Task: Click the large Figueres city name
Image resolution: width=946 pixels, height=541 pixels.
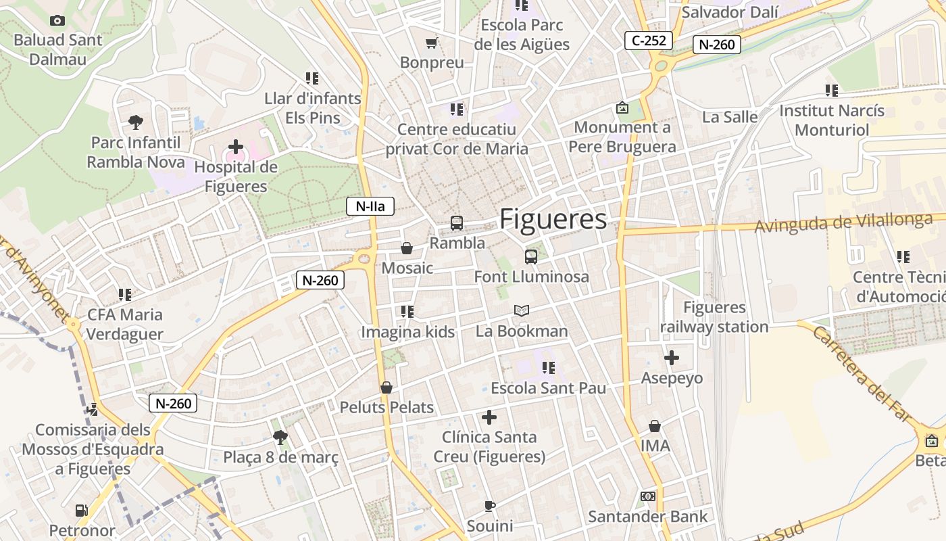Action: pos(553,219)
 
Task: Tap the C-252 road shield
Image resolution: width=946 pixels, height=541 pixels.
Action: pos(649,41)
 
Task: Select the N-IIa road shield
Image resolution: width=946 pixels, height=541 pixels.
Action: pos(370,206)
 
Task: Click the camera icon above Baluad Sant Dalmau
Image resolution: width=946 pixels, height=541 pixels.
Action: pos(57,21)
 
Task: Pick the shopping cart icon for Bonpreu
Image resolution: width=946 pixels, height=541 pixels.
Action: pos(431,43)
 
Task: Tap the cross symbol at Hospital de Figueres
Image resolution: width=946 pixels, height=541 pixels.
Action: pos(235,146)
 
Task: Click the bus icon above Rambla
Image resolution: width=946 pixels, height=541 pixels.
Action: pos(457,222)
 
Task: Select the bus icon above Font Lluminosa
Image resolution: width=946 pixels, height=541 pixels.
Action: pos(531,256)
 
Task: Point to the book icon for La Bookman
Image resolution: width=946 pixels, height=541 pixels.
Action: pos(521,310)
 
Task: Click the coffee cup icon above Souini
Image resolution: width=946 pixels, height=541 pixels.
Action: pos(490,506)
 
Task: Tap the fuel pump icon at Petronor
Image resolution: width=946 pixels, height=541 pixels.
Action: pos(81,511)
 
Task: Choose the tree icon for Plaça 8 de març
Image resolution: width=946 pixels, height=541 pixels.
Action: pos(280,438)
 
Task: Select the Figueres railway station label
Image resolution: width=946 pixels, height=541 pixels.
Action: pos(714,317)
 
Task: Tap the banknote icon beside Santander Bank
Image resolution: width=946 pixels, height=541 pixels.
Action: pos(647,497)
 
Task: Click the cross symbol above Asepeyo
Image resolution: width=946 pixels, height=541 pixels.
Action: pos(672,358)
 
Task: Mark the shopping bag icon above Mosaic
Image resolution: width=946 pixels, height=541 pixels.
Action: pos(407,248)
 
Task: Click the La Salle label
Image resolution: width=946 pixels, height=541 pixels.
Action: pos(730,116)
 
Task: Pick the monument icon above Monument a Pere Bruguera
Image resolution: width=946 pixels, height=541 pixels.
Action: pos(622,108)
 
